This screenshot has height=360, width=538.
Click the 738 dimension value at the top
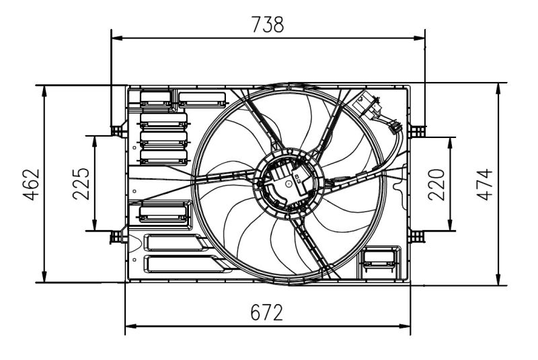pos(268,24)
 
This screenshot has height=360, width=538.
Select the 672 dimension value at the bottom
pos(267,313)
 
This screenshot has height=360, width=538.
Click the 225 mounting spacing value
pos(81,183)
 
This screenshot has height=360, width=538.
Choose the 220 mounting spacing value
pos(437,183)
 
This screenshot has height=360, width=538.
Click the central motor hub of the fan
pos(288,182)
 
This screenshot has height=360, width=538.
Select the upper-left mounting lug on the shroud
pos(118,129)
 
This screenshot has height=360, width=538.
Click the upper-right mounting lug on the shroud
pos(417,129)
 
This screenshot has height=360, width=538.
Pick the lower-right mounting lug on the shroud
pos(417,236)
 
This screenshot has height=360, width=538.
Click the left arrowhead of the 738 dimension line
pos(116,38)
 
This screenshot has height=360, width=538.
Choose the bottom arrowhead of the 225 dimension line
pos(95,225)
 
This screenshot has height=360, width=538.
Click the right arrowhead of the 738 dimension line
pos(420,38)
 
